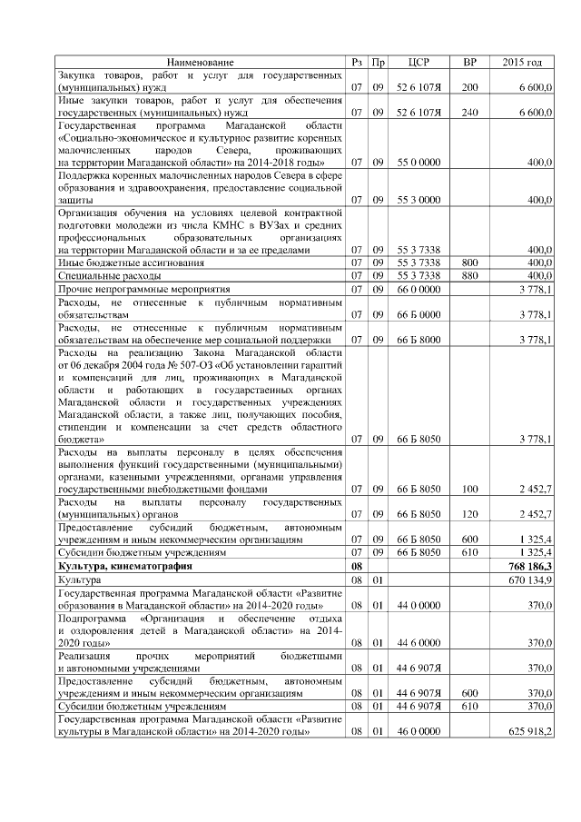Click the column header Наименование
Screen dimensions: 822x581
pyautogui.click(x=200, y=63)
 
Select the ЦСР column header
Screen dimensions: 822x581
pyautogui.click(x=419, y=63)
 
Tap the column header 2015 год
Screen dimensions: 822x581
pyautogui.click(x=522, y=63)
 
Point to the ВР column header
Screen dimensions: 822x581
pyautogui.click(x=469, y=63)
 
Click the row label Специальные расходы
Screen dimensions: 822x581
pyautogui.click(x=110, y=275)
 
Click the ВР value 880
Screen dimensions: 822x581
pyautogui.click(x=469, y=275)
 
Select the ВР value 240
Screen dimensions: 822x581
pyautogui.click(x=469, y=113)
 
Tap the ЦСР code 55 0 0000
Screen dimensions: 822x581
pyautogui.click(x=419, y=163)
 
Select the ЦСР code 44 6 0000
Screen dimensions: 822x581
pyautogui.click(x=419, y=641)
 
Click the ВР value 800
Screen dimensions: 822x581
pyautogui.click(x=469, y=262)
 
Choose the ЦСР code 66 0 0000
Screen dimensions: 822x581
pyautogui.click(x=419, y=289)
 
